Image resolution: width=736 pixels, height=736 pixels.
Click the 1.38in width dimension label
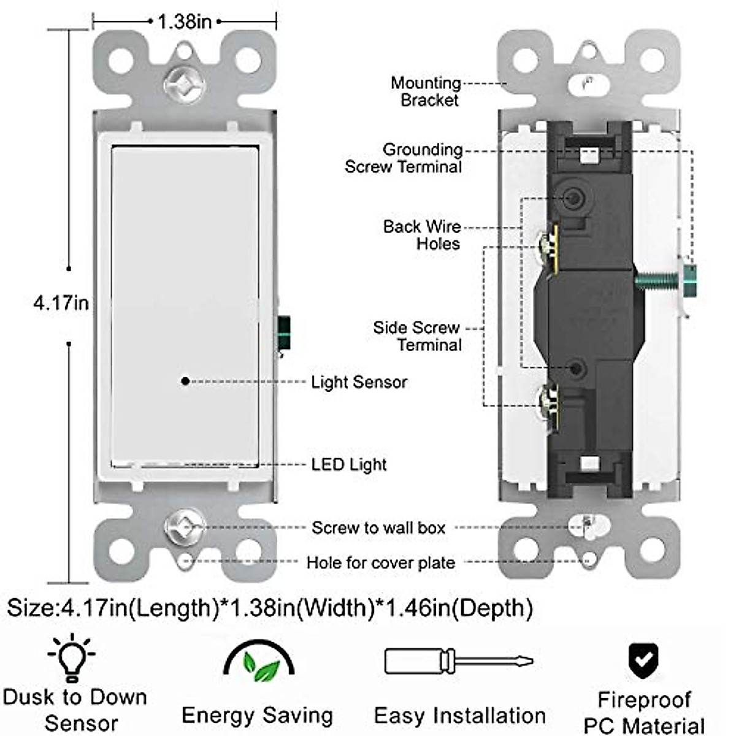click(185, 22)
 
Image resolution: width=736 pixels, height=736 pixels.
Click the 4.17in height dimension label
click(61, 303)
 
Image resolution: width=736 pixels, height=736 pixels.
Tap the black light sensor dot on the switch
click(185, 381)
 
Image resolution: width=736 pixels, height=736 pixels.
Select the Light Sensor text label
click(359, 382)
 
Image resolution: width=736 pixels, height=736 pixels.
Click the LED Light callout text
click(348, 464)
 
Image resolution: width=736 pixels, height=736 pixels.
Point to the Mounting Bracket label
click(426, 91)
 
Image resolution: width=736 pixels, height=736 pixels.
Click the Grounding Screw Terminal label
click(404, 158)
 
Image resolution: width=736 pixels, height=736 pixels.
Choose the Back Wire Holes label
click(422, 235)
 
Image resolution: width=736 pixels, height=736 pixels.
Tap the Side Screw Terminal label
click(418, 336)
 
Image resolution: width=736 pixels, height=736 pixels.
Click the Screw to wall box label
click(378, 528)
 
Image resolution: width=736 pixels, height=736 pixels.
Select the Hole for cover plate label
click(381, 563)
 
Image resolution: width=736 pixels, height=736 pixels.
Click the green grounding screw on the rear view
click(665, 281)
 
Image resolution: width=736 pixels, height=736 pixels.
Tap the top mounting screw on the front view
click(184, 82)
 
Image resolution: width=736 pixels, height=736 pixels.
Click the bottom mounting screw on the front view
click(184, 527)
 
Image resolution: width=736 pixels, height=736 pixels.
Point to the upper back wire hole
click(573, 197)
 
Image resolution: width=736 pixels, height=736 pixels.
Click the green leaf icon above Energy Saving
click(259, 662)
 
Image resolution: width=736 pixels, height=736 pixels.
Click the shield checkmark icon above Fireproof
click(643, 660)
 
